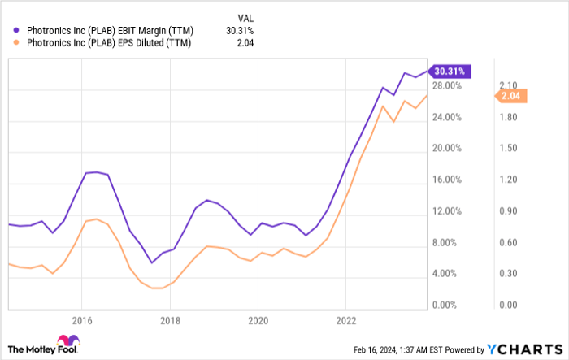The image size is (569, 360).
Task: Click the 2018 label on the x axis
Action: tap(170, 319)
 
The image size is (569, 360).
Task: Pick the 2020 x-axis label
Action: tap(258, 319)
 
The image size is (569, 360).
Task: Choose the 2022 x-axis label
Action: tap(346, 319)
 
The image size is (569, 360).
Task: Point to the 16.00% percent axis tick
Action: tap(448, 180)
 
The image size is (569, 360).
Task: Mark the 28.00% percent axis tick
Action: tap(448, 86)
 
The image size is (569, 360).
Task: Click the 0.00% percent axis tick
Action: tap(450, 306)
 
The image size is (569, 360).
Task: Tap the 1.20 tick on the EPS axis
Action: tap(508, 180)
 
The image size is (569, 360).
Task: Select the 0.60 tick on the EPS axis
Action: tap(508, 243)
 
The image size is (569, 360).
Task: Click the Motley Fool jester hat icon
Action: tap(63, 342)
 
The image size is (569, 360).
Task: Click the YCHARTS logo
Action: tap(529, 348)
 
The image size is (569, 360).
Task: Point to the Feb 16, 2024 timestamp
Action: tap(415, 349)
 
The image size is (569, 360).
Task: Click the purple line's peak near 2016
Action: tap(96, 171)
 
